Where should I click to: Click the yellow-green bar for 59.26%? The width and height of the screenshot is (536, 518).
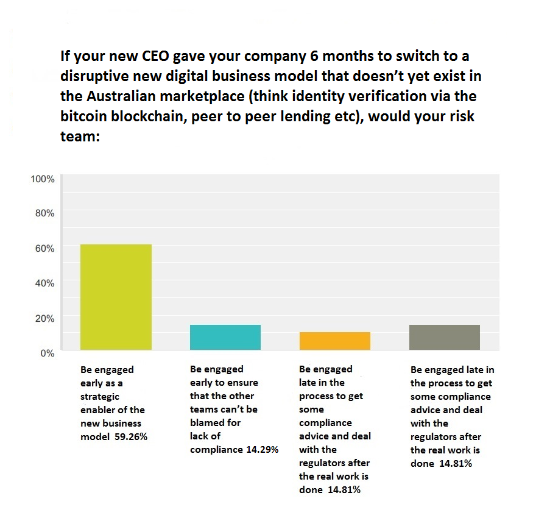coord(116,297)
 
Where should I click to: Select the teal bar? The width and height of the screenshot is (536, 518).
coord(225,337)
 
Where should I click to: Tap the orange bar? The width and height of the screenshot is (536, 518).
coord(335,341)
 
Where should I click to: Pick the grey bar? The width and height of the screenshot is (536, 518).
coord(445,337)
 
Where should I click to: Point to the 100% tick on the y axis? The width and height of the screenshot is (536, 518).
coord(42,179)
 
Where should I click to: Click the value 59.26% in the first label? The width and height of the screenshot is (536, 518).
coord(131,436)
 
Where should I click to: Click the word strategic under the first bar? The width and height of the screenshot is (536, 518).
coord(102,396)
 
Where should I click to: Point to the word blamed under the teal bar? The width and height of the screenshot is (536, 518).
coord(207,423)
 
